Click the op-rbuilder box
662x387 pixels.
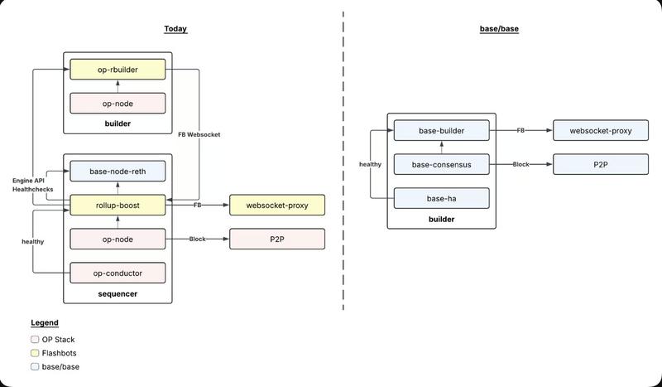point(118,70)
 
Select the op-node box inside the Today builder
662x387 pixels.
point(118,104)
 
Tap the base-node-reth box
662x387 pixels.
point(118,172)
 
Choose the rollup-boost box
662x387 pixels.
point(118,205)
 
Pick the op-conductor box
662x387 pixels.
point(118,273)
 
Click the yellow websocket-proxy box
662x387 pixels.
point(276,205)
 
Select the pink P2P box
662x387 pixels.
point(276,239)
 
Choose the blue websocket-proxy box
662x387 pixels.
point(601,130)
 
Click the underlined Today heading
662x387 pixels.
point(175,29)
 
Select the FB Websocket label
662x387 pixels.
point(199,134)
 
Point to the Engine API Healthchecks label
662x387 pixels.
point(32,185)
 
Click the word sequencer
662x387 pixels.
point(118,294)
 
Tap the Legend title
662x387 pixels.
point(45,322)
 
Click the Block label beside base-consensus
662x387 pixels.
point(521,164)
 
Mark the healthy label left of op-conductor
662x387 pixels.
point(32,241)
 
